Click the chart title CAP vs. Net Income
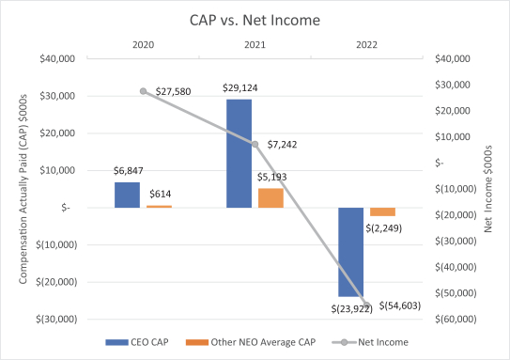(255, 20)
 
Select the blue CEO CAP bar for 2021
(240, 153)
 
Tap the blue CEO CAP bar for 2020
(127, 195)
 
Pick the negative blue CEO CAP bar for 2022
(351, 252)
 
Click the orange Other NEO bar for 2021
(270, 198)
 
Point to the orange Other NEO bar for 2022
(383, 211)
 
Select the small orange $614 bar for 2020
(159, 207)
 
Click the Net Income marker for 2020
(144, 91)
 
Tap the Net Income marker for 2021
(255, 144)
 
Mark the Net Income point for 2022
(367, 305)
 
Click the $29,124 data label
(240, 87)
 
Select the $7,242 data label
(282, 145)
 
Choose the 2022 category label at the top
(366, 44)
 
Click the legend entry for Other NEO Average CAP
(251, 342)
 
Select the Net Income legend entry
(370, 342)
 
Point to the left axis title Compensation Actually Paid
(23, 189)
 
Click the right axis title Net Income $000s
(487, 189)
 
